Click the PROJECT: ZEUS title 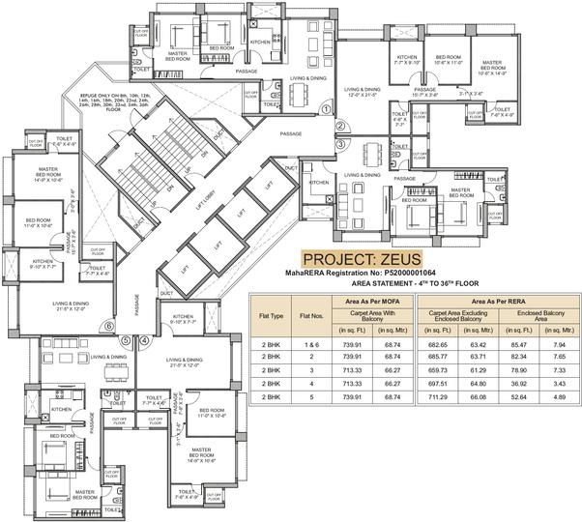tap(362, 260)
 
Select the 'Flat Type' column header tap(271, 313)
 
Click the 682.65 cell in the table tap(439, 344)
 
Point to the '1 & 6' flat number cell tap(310, 344)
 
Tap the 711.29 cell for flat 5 tap(439, 397)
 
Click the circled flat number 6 tap(108, 327)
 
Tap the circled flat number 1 tap(326, 109)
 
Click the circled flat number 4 tap(144, 340)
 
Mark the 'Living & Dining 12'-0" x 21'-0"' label tap(364, 93)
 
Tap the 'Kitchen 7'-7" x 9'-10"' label tap(408, 61)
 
